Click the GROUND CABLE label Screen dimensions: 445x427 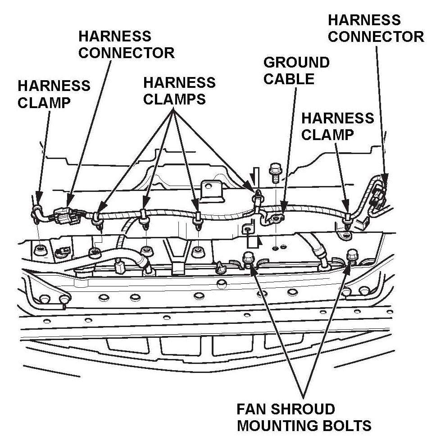coord(296,71)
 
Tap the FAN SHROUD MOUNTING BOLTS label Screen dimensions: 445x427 coord(304,417)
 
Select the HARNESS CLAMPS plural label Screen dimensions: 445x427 coord(179,91)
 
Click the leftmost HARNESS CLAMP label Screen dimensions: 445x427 coord(54,94)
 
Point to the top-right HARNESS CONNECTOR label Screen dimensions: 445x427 coord(375,28)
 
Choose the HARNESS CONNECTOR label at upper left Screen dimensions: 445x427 coord(126,44)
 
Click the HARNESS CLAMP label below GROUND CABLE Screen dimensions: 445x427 coord(337,126)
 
